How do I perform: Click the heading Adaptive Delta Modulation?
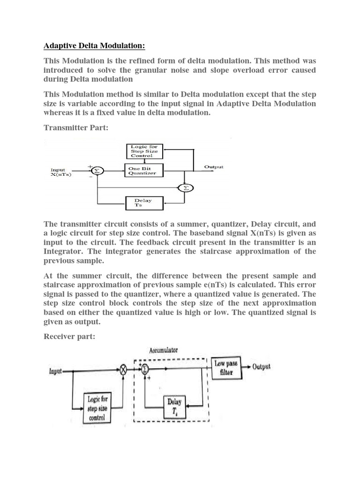[x=94, y=46]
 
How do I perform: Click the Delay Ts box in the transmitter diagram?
[x=145, y=203]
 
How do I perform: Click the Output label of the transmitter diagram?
[x=214, y=167]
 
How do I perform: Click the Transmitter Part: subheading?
[x=75, y=128]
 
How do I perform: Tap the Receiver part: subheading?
[x=70, y=337]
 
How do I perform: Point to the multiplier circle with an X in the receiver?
[x=123, y=370]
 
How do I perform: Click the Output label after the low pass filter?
[x=261, y=367]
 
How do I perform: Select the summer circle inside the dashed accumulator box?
[x=145, y=369]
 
